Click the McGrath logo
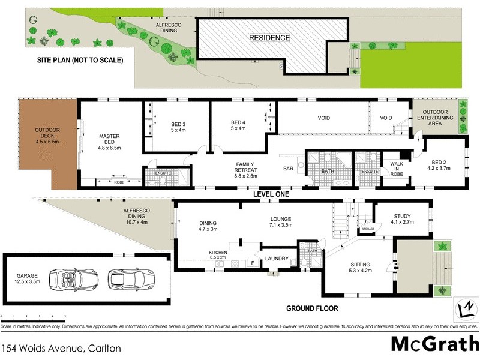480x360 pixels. click(x=434, y=344)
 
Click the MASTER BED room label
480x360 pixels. click(x=109, y=141)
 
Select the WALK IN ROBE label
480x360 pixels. click(x=397, y=168)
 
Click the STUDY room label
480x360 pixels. click(x=402, y=220)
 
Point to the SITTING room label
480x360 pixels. click(x=359, y=268)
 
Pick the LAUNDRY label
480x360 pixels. click(x=277, y=259)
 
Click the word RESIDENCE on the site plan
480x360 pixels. click(x=269, y=38)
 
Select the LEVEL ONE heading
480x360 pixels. click(x=271, y=195)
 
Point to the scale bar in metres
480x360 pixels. click(x=34, y=315)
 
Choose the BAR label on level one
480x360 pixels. click(x=288, y=169)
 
